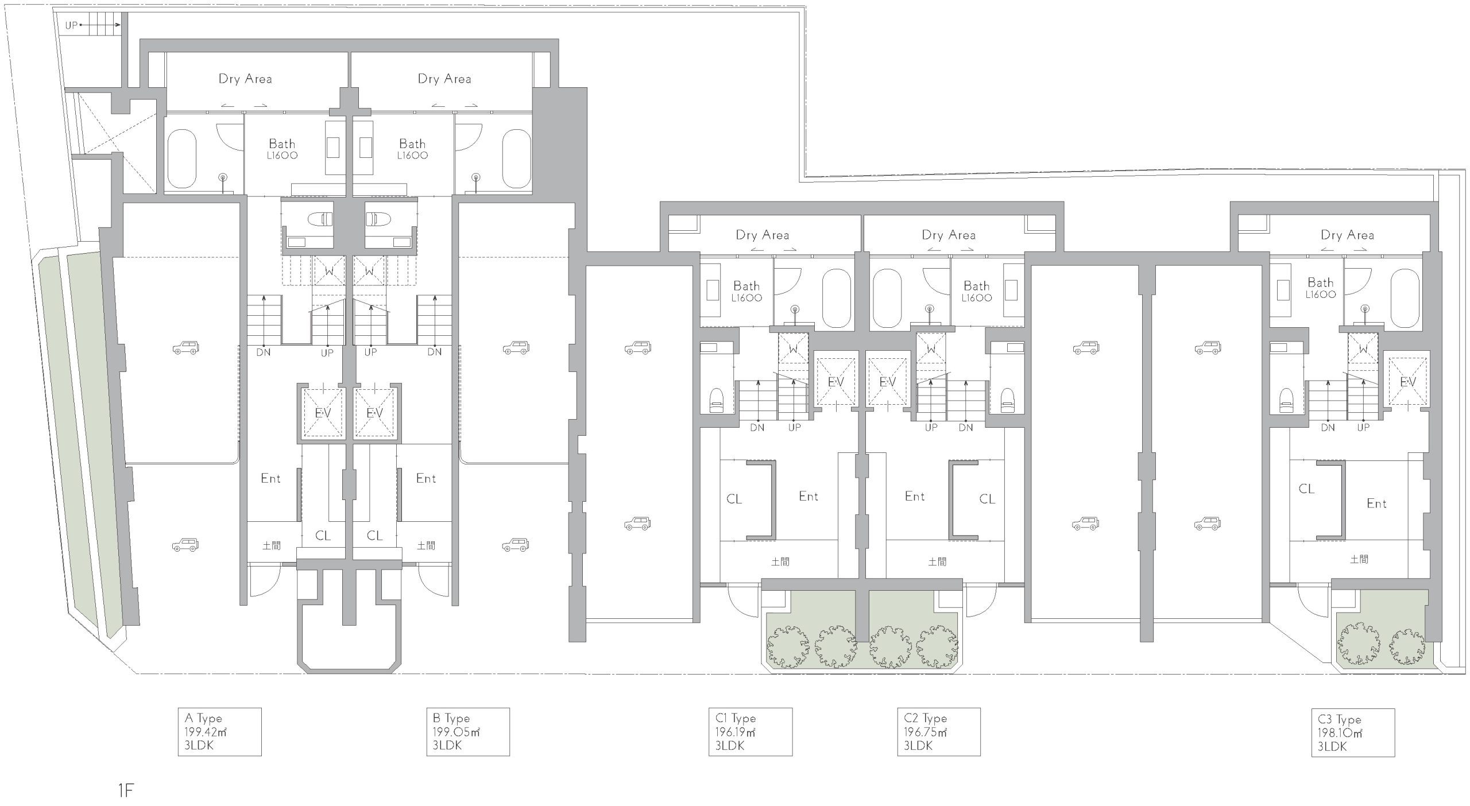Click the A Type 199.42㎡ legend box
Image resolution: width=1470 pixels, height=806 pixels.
pyautogui.click(x=219, y=731)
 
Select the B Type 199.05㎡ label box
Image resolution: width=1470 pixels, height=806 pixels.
pyautogui.click(x=468, y=731)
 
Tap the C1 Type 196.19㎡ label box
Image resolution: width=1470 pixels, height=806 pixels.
pyautogui.click(x=751, y=731)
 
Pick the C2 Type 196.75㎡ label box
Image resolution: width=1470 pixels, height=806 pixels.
pyautogui.click(x=939, y=731)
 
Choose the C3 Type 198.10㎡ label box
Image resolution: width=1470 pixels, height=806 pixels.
pyautogui.click(x=1353, y=733)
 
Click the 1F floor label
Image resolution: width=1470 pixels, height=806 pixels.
pyautogui.click(x=126, y=791)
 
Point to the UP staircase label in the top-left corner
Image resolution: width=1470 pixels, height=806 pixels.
pyautogui.click(x=71, y=25)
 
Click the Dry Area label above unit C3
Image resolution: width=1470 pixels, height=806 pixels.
pyautogui.click(x=1347, y=235)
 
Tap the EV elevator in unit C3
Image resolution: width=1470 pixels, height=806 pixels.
pyautogui.click(x=1407, y=382)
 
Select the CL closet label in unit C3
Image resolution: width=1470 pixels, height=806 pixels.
pyautogui.click(x=1306, y=489)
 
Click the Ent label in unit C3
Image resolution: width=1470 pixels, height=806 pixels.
pyautogui.click(x=1376, y=503)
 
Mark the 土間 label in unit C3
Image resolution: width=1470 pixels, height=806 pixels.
pyautogui.click(x=1359, y=559)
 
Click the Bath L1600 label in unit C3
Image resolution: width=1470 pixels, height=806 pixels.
pyautogui.click(x=1321, y=288)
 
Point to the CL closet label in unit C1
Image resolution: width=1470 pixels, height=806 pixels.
pyautogui.click(x=734, y=499)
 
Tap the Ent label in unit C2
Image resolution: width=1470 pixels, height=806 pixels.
pyautogui.click(x=915, y=496)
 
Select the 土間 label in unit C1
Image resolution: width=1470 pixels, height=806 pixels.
pyautogui.click(x=780, y=562)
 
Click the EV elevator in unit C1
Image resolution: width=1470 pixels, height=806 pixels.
pyautogui.click(x=835, y=382)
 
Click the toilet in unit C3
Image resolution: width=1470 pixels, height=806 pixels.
pyautogui.click(x=1287, y=401)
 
